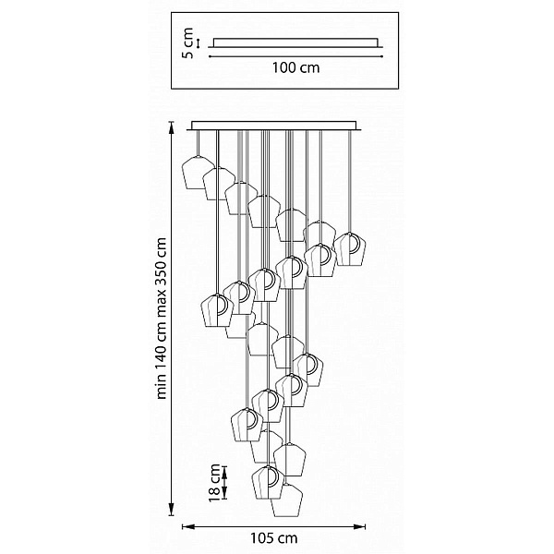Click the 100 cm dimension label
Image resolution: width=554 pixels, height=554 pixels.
point(295,67)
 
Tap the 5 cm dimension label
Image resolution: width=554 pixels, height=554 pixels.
point(187,43)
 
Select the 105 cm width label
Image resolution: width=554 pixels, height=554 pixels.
point(274,538)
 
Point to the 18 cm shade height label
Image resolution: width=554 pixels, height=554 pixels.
point(214,483)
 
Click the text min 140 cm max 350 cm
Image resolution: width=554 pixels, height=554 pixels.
point(161,319)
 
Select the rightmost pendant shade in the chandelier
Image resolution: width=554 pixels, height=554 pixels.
point(350,249)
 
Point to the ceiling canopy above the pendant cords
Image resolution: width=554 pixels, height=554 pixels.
point(274,126)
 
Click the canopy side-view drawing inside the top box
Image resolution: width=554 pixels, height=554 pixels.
point(295,42)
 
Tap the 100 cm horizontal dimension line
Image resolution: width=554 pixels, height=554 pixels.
point(295,56)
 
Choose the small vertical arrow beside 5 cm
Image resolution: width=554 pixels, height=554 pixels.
point(199,43)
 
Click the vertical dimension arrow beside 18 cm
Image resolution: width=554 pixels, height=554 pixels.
point(224,483)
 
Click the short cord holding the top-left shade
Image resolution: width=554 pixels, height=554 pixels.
point(198,143)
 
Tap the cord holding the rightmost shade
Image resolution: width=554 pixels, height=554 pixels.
point(350,181)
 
